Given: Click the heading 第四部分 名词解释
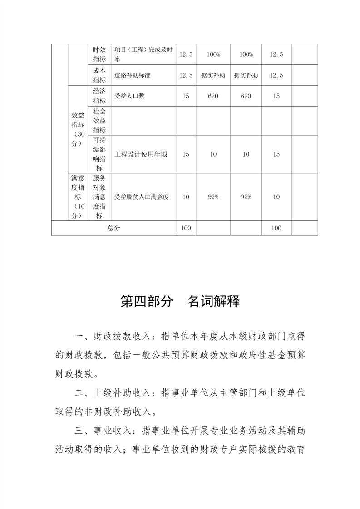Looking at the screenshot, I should pos(180,302).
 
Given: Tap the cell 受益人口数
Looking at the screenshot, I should pos(130,96).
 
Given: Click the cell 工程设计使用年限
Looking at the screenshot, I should pos(141,154).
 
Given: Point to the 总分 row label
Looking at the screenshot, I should pos(113,228).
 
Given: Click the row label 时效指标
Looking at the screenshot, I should pos(99,54).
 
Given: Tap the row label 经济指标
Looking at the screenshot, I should pos(99,96).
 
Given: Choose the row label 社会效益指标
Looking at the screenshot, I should pos(99,121).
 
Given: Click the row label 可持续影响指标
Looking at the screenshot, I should pos(99,154).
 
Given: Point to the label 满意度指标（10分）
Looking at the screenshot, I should pos(78,197).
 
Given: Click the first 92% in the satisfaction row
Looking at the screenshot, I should pos(213,197).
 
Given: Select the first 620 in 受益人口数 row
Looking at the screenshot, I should pos(213,96).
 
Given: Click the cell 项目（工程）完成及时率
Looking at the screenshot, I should pos(143,54).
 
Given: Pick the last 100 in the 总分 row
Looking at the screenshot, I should pos(276,228).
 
